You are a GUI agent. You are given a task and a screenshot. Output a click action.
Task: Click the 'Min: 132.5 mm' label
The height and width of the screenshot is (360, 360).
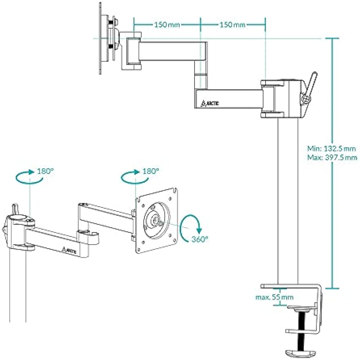click(x=331, y=149)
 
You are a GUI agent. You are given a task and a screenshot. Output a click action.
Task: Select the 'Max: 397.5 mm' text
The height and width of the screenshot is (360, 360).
click(x=332, y=157)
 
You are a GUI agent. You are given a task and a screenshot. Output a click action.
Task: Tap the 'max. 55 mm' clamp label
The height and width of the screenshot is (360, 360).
click(x=274, y=297)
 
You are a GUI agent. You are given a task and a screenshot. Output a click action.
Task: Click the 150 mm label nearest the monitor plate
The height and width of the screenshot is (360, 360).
click(x=167, y=25)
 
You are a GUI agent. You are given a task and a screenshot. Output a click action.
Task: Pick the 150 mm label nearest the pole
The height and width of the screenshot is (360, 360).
click(x=232, y=25)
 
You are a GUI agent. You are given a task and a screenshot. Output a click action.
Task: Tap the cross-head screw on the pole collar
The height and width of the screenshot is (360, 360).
click(x=306, y=98)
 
